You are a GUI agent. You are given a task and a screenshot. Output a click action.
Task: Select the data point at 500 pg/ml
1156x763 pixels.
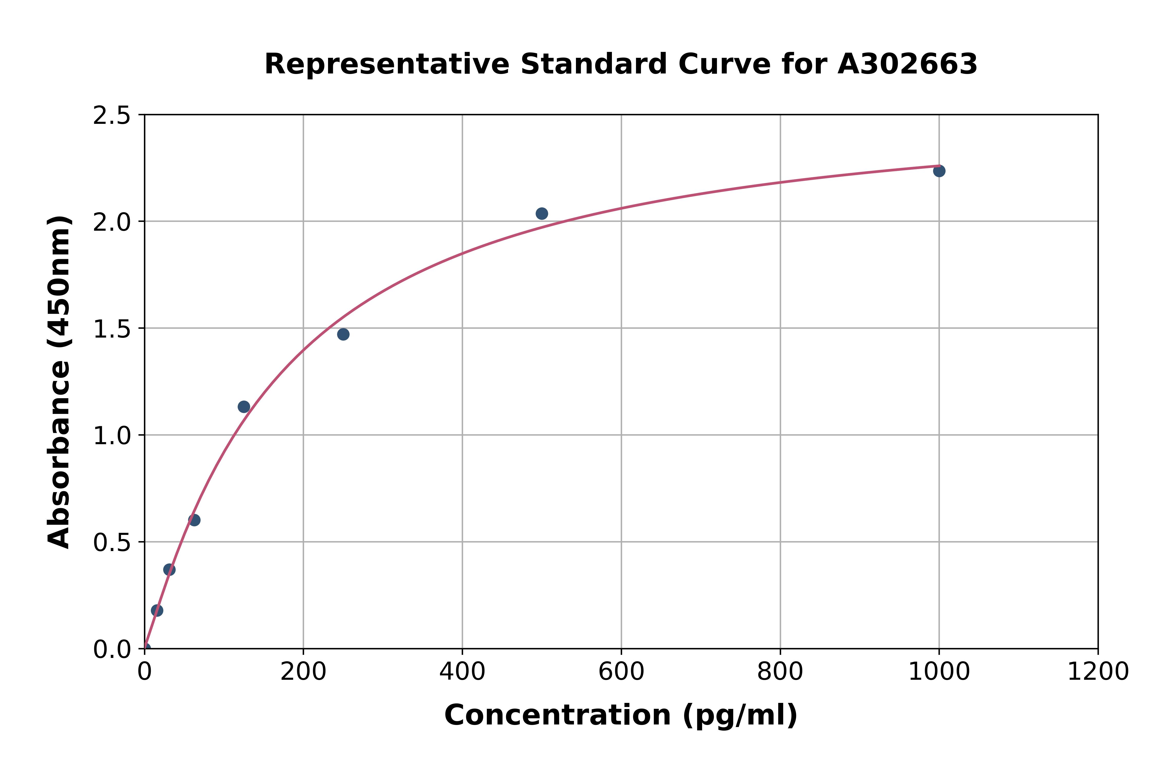[x=542, y=214]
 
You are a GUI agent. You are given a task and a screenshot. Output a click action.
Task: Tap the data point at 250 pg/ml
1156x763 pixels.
[x=343, y=334]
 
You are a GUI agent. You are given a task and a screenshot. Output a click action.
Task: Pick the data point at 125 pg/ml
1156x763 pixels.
[x=244, y=407]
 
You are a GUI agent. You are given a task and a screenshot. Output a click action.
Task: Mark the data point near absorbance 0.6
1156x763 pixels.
[x=194, y=520]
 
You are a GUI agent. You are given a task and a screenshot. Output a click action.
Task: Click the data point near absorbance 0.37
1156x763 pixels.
[x=169, y=569]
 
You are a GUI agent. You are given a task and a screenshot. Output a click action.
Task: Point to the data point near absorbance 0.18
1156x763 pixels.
[x=157, y=610]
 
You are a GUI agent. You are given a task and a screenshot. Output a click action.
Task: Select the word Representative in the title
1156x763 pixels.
[x=387, y=64]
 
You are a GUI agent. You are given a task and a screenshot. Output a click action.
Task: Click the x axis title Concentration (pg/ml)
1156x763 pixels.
[x=621, y=715]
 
